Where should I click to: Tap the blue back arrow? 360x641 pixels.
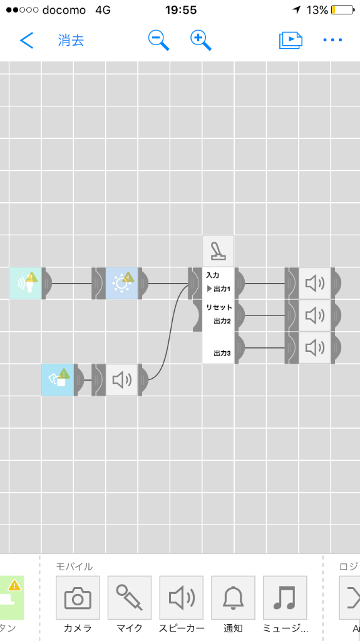(26, 40)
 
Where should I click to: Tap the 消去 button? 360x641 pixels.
(71, 40)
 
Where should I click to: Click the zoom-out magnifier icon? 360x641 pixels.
(158, 40)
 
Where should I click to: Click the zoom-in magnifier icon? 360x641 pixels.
(200, 40)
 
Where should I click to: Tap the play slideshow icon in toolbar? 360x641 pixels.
(291, 40)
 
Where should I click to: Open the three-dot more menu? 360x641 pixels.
(332, 40)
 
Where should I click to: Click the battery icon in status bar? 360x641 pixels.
(343, 10)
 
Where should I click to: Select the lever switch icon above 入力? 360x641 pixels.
(218, 251)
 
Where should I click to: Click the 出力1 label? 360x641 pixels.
(222, 289)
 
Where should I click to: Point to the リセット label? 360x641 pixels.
(219, 307)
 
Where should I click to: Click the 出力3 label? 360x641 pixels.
(222, 353)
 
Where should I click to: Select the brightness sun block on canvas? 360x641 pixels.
(122, 283)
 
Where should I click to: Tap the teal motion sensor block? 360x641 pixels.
(26, 283)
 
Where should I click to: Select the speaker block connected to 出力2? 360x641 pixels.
(314, 315)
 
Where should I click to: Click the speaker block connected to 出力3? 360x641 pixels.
(314, 347)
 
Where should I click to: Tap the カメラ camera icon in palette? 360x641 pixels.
(78, 598)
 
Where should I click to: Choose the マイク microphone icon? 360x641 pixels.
(129, 598)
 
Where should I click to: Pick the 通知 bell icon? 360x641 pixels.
(233, 598)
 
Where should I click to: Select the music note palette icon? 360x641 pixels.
(285, 598)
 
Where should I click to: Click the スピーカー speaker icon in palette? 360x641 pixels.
(181, 598)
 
